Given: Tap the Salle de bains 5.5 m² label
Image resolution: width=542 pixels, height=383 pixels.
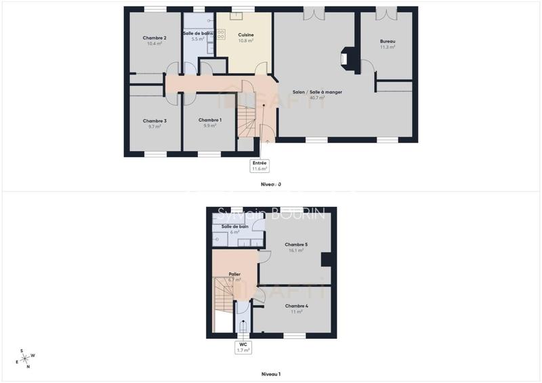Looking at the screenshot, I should [x=198, y=36].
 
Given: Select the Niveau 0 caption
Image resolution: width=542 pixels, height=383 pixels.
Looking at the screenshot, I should [x=271, y=184].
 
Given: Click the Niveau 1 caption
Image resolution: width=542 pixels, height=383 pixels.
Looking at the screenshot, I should [x=271, y=374].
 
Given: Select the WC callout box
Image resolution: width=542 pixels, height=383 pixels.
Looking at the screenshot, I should [x=243, y=347].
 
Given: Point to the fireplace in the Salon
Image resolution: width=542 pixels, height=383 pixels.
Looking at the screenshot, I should [x=346, y=58].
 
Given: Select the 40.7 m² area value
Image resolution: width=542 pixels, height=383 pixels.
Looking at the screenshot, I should [x=317, y=98].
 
